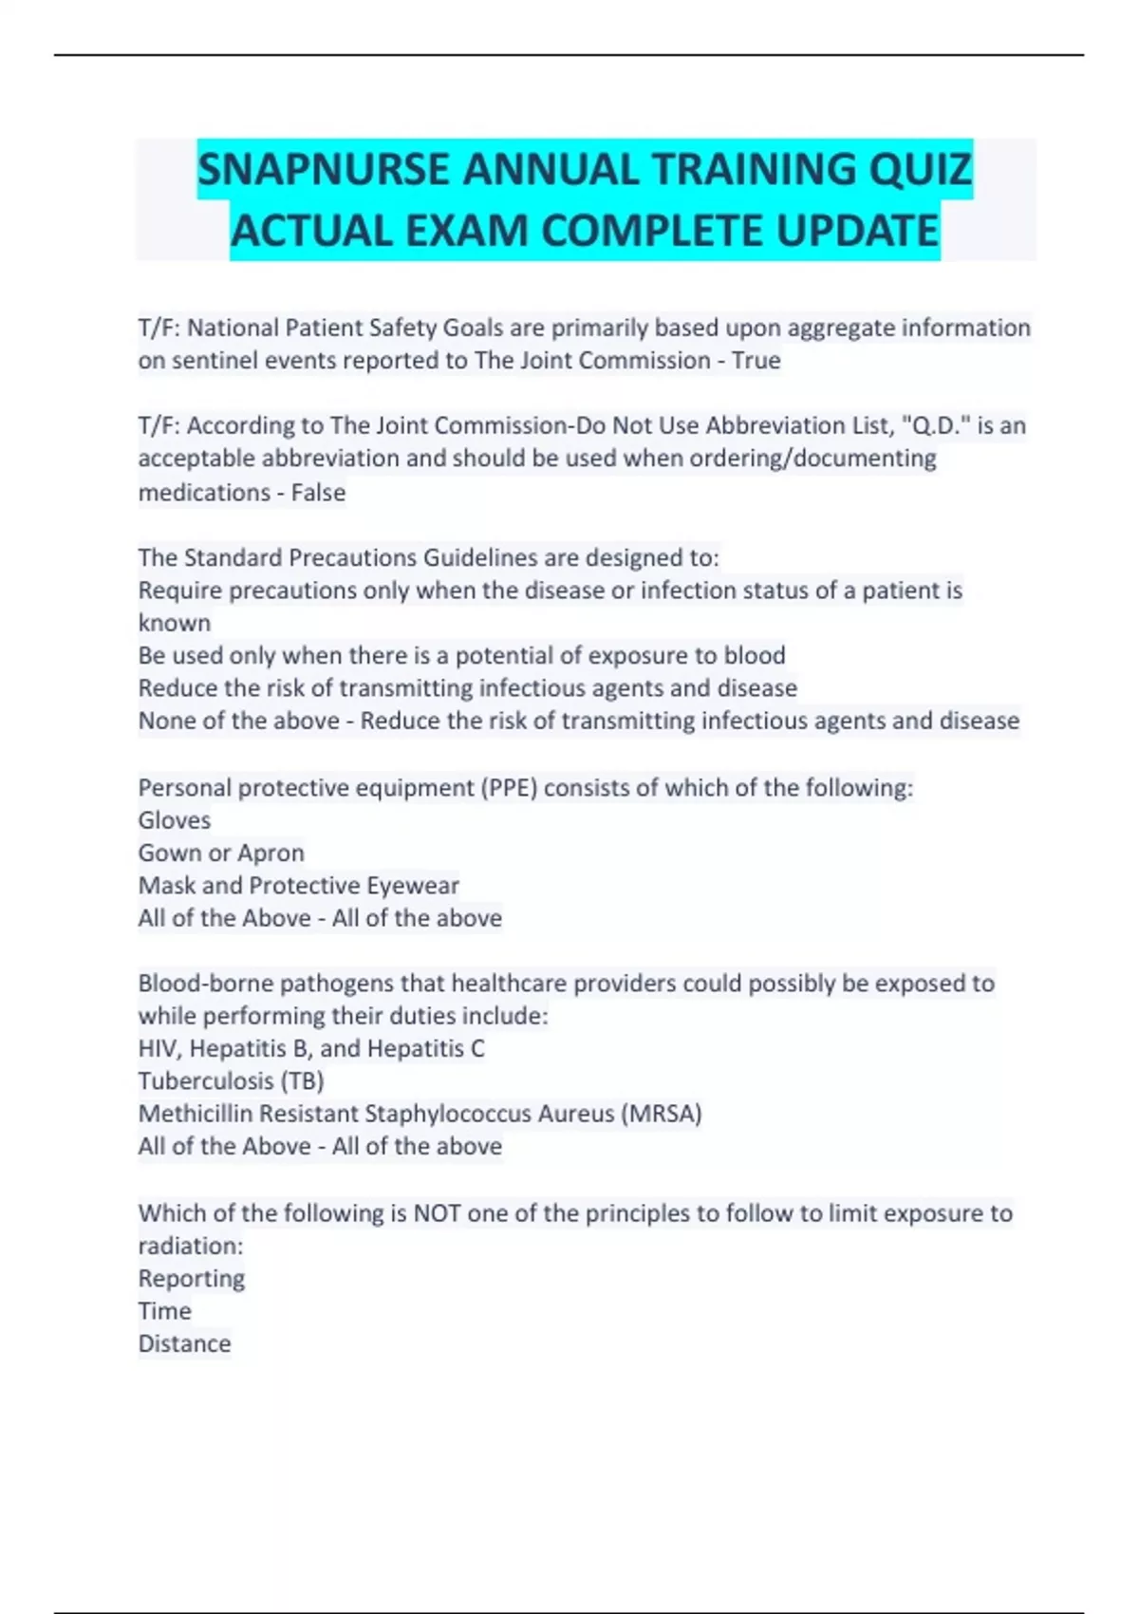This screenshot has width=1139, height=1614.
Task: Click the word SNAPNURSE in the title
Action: point(323,171)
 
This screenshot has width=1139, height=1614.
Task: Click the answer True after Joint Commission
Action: point(756,361)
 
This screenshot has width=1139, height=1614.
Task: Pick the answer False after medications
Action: point(318,493)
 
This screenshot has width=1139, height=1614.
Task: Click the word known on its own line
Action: point(175,623)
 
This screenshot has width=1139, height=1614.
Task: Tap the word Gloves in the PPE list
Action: point(175,820)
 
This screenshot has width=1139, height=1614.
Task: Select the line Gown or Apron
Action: point(221,853)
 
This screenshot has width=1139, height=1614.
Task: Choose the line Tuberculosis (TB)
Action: point(231,1081)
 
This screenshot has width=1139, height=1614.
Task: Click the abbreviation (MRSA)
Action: point(662,1114)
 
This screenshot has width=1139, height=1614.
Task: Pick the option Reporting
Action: point(192,1279)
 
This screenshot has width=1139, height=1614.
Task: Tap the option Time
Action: point(165,1311)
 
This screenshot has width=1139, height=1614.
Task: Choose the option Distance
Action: point(184,1343)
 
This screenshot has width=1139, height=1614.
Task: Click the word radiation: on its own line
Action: point(191,1246)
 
